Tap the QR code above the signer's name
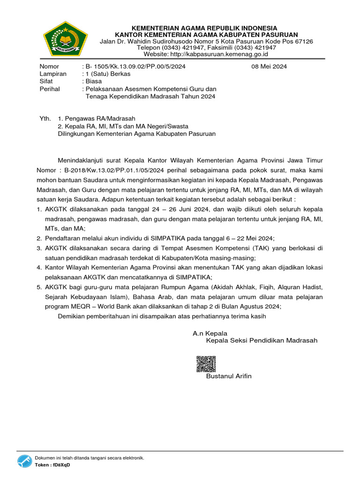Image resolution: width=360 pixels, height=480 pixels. [206, 365]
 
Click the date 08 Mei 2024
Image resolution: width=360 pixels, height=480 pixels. [269, 67]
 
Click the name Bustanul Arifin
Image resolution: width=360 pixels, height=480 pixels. [229, 376]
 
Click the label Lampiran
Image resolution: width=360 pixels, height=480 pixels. [53, 74]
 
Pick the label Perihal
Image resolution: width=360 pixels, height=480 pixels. [50, 89]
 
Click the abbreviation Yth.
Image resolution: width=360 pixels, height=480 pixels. [45, 119]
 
